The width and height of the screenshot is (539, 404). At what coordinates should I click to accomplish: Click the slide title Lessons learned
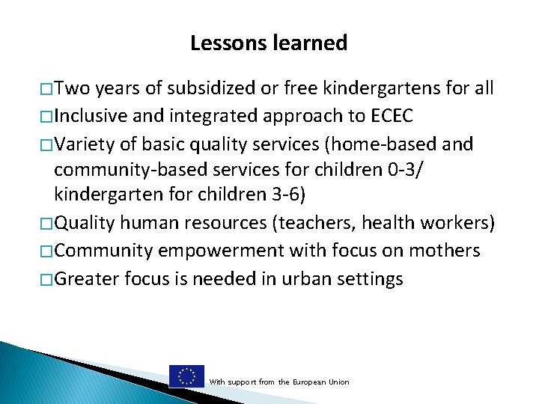(269, 43)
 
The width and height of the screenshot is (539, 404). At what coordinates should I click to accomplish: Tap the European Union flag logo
(186, 376)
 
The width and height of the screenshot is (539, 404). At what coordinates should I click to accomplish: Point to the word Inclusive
(92, 116)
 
